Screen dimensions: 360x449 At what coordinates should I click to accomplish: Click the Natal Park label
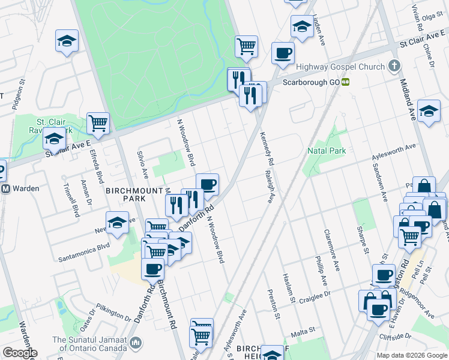pos(326,151)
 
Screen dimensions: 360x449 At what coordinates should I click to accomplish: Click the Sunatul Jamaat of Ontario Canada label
pos(89,343)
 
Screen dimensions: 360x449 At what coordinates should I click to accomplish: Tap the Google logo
pos(19,353)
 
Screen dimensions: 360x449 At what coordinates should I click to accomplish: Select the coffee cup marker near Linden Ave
pos(282,53)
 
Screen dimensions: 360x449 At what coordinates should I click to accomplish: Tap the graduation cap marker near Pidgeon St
pos(67,41)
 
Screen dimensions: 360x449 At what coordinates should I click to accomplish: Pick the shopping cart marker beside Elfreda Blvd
pos(98,123)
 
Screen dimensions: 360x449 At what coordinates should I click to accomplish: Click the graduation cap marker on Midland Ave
pos(429,111)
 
